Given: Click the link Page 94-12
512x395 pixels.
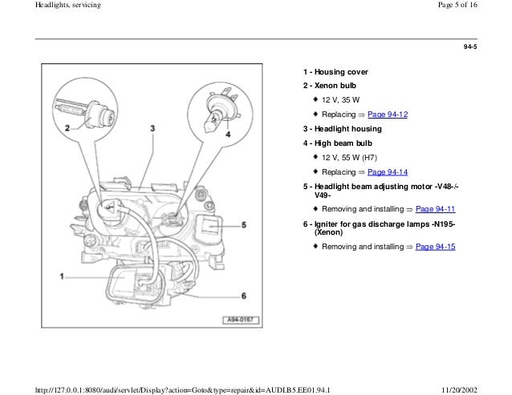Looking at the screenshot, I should (388, 115).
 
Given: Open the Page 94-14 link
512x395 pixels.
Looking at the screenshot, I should (388, 172).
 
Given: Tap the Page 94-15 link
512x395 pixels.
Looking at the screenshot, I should (435, 246).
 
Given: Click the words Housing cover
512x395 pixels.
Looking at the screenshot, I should (335, 72).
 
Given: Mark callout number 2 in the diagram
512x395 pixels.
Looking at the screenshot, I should (67, 128).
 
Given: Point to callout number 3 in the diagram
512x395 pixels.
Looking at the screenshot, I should (152, 128).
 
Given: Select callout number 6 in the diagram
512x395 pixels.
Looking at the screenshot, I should (242, 297).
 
